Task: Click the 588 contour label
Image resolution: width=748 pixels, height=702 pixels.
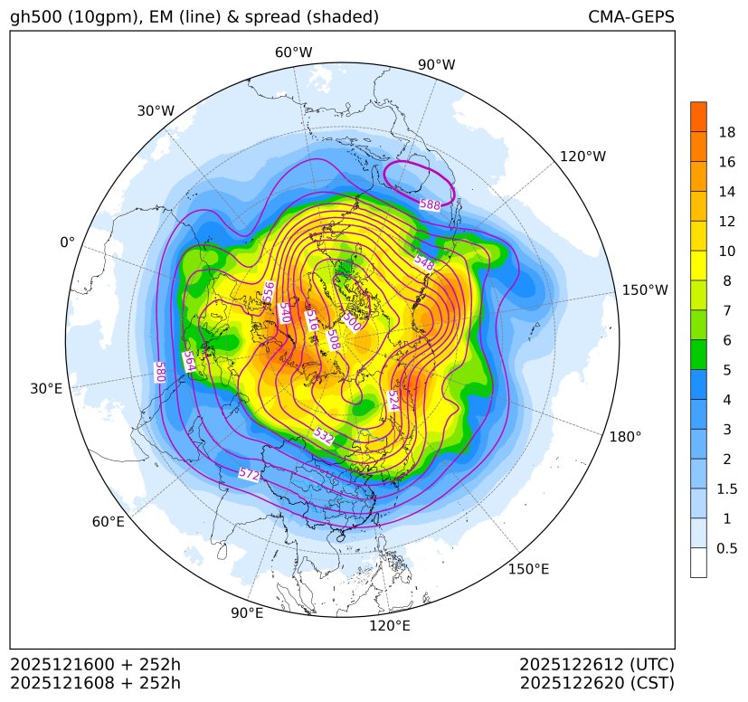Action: [x=430, y=205]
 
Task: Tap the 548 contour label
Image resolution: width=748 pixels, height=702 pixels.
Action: [x=423, y=263]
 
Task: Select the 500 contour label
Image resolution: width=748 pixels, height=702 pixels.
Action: [x=352, y=320]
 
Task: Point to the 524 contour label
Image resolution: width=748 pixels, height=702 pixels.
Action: [x=393, y=400]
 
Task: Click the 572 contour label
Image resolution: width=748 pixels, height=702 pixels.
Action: [x=249, y=474]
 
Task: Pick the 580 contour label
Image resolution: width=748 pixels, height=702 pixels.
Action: [x=159, y=372]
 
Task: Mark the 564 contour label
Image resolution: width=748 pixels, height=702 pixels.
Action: [x=188, y=362]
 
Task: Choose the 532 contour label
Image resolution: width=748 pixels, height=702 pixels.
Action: [x=323, y=436]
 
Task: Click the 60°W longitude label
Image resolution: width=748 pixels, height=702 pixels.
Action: [x=293, y=52]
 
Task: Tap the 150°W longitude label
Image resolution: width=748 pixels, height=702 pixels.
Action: [x=645, y=289]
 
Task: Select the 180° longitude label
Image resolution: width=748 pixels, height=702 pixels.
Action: [x=625, y=436]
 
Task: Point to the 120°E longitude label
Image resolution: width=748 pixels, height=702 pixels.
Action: [x=390, y=626]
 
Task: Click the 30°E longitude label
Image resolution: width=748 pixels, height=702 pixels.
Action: [x=46, y=389]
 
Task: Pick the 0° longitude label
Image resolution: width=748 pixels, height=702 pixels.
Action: [x=67, y=242]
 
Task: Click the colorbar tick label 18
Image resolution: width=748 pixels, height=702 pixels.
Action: [x=726, y=132]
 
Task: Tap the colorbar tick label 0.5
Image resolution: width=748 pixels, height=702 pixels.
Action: [x=726, y=548]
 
